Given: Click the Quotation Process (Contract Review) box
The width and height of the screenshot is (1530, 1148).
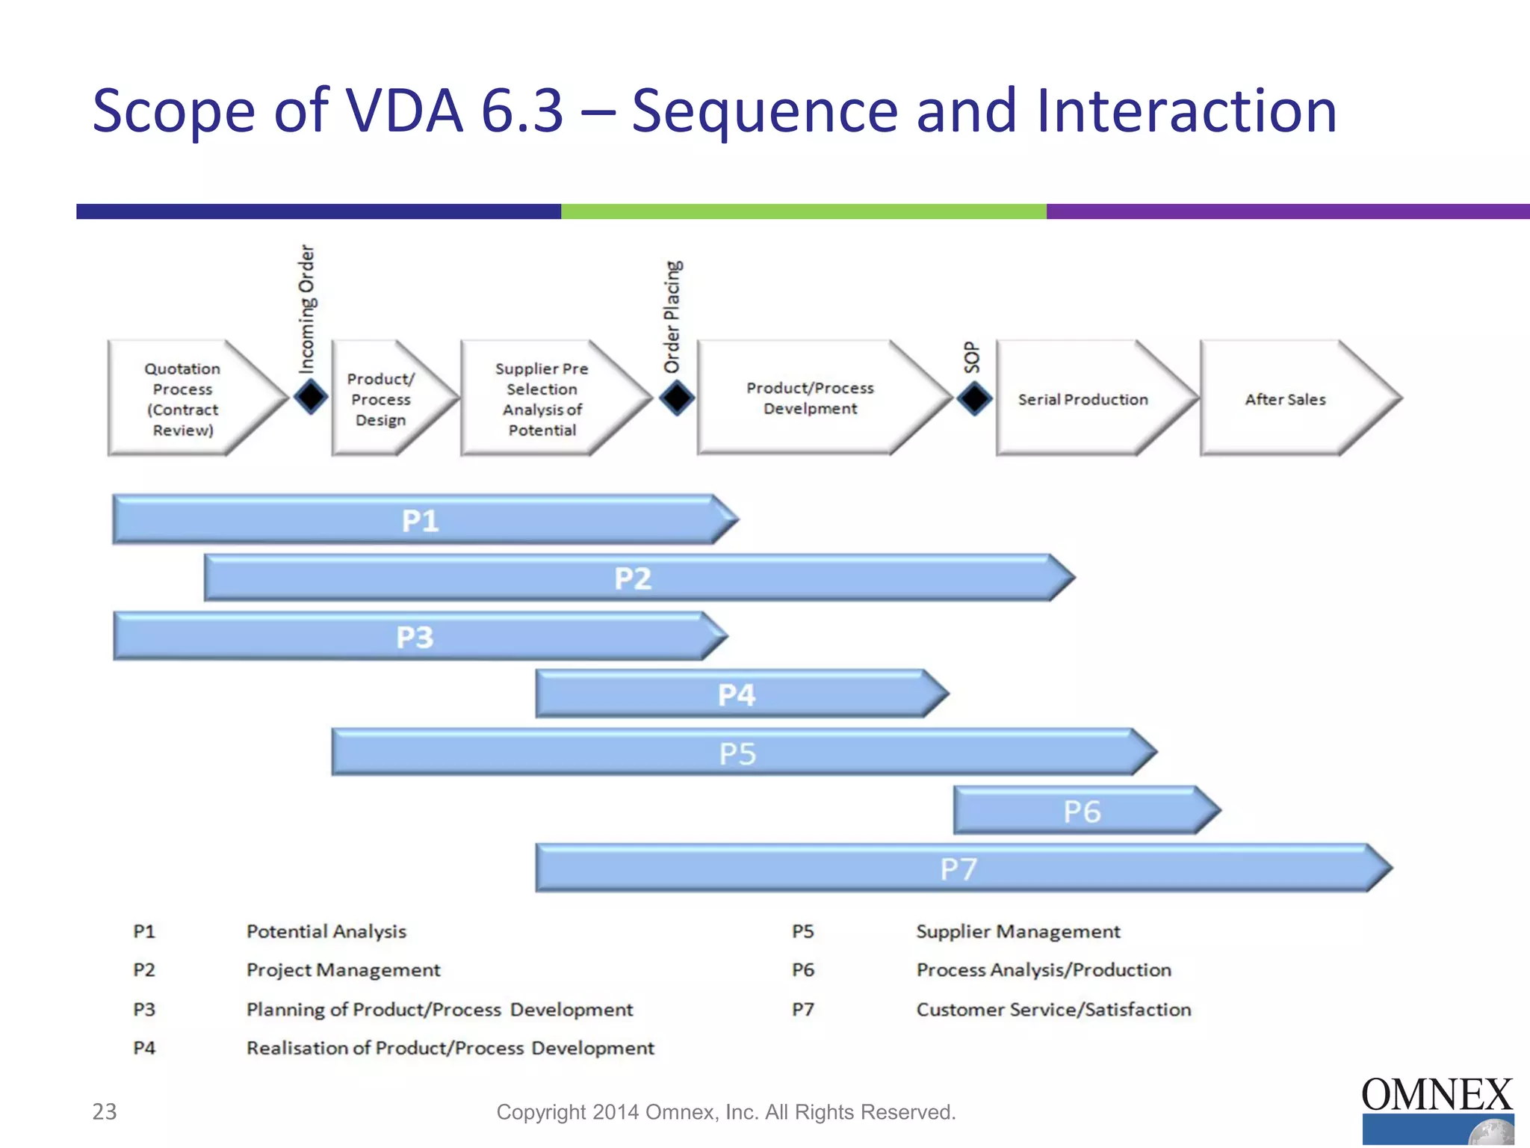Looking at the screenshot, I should pyautogui.click(x=183, y=399).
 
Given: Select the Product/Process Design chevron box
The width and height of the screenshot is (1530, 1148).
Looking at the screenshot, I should pyautogui.click(x=381, y=399).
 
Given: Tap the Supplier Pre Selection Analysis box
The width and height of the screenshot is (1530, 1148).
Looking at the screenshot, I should pyautogui.click(x=542, y=399).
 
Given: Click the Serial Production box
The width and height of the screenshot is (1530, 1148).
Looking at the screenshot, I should pyautogui.click(x=1083, y=399).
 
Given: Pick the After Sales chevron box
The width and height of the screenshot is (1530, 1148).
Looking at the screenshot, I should pyautogui.click(x=1285, y=399).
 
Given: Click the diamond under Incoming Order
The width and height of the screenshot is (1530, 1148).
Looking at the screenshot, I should pyautogui.click(x=311, y=396).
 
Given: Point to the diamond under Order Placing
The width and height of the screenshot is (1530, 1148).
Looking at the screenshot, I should pyautogui.click(x=677, y=397).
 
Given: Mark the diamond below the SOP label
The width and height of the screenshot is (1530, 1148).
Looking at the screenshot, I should pyautogui.click(x=974, y=398).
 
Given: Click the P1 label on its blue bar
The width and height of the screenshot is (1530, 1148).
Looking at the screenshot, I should pyautogui.click(x=420, y=521).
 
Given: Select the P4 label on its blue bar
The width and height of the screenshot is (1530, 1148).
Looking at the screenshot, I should pyautogui.click(x=737, y=695).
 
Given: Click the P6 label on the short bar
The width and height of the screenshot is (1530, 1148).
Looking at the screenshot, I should pyautogui.click(x=1082, y=812).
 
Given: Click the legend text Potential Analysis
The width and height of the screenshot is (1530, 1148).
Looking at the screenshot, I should pyautogui.click(x=326, y=931).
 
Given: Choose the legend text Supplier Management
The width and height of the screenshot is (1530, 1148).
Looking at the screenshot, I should pyautogui.click(x=1018, y=931).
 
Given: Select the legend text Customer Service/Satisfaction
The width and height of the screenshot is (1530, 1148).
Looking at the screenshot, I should pyautogui.click(x=1053, y=1010).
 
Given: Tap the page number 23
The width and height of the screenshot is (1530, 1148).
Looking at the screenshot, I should pyautogui.click(x=105, y=1111).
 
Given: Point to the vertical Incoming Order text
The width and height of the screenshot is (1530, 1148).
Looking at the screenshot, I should pyautogui.click(x=307, y=308).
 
